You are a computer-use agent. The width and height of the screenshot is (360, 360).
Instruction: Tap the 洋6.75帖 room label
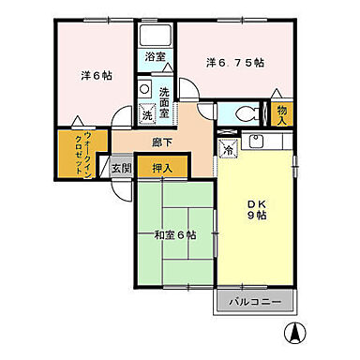234,63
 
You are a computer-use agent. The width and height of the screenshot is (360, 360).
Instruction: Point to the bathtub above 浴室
156,36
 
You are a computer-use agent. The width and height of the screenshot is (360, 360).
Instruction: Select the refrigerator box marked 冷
228,148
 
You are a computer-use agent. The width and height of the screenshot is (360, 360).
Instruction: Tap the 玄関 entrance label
121,169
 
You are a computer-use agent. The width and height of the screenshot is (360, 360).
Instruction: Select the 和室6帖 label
175,234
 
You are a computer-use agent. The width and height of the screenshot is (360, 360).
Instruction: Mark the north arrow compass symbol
295,333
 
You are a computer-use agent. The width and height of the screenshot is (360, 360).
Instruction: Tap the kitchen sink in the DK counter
259,143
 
